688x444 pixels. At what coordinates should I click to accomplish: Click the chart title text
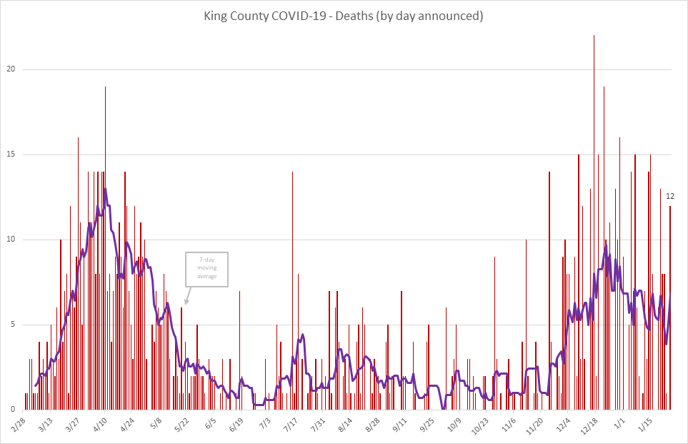(344, 16)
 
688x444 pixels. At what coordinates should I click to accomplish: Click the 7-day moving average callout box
(207, 270)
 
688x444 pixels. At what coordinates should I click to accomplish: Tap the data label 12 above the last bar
(670, 197)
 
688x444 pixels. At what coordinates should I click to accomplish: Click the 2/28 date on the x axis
(19, 423)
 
